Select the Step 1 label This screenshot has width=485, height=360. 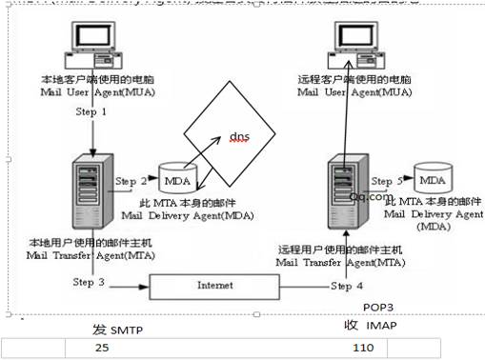pyautogui.click(x=92, y=112)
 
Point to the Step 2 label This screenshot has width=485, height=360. pyautogui.click(x=131, y=179)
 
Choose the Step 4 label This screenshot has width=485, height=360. pyautogui.click(x=348, y=285)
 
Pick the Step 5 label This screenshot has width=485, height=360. pyautogui.click(x=387, y=180)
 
